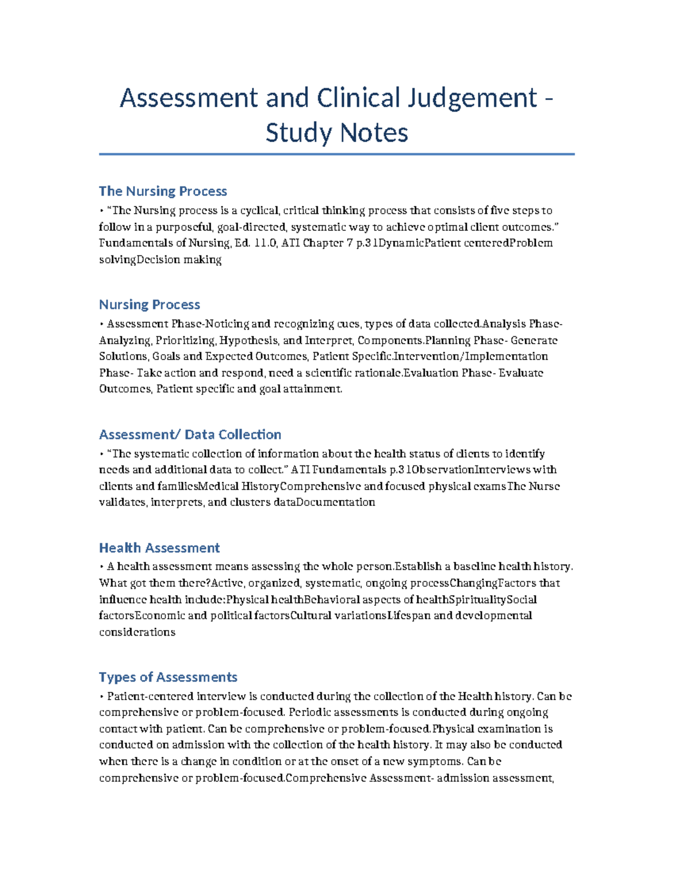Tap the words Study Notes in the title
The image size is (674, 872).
click(x=336, y=133)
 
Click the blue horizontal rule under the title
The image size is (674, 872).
click(x=336, y=154)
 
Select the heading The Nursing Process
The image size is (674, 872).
click(x=163, y=191)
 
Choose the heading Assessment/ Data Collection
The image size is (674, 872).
click(x=190, y=435)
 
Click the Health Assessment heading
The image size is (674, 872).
click(x=160, y=548)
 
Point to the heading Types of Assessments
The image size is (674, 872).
click(x=168, y=677)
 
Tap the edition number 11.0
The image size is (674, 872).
click(x=265, y=243)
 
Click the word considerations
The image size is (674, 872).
click(x=137, y=632)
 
